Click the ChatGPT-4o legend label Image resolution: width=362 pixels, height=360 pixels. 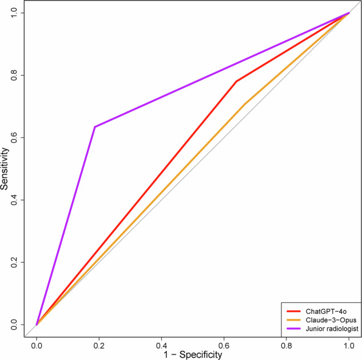click(x=326, y=311)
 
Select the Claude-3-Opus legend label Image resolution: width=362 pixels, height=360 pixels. click(x=331, y=320)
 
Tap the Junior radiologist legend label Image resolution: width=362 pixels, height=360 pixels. click(x=332, y=329)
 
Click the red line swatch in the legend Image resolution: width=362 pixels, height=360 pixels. click(x=293, y=311)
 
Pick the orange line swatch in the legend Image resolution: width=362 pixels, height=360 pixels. click(x=293, y=320)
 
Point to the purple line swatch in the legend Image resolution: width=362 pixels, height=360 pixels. click(x=293, y=329)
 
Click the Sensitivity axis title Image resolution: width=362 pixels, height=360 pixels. click(x=4, y=169)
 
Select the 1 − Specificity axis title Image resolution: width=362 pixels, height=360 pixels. click(x=193, y=354)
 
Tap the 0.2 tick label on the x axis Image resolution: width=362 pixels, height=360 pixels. click(x=99, y=346)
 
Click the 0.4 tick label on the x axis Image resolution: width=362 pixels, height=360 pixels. click(x=161, y=346)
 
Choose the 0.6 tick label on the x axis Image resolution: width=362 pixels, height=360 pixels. click(x=224, y=346)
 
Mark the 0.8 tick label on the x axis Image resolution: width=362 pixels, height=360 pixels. click(x=287, y=346)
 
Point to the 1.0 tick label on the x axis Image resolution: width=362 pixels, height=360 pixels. click(x=349, y=346)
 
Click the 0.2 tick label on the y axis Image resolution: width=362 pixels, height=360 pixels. click(x=14, y=262)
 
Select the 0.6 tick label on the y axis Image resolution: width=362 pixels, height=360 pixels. click(x=14, y=138)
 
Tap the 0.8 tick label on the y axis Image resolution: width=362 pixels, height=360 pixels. click(x=14, y=75)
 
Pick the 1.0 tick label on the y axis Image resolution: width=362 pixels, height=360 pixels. click(x=14, y=13)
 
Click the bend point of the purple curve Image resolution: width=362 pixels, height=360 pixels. click(x=95, y=127)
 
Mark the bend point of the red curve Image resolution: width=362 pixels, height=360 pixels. click(x=236, y=81)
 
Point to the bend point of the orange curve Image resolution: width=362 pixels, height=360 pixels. click(x=245, y=104)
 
